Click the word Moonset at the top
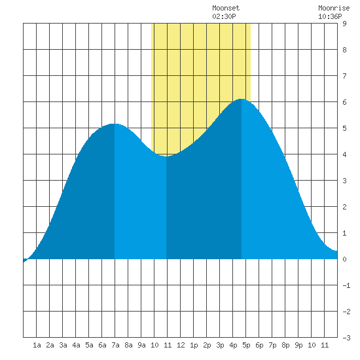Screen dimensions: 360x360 (226, 8)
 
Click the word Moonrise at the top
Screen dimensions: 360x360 (334, 8)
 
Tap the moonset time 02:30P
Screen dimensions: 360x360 (224, 16)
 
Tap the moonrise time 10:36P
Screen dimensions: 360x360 (330, 16)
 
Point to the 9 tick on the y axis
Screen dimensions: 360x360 (344, 24)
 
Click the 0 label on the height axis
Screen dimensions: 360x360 (344, 259)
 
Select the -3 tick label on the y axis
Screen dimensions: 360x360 (346, 338)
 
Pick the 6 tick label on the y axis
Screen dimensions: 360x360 (344, 102)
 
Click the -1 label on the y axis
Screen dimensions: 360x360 (346, 285)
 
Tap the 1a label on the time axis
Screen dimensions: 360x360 (37, 345)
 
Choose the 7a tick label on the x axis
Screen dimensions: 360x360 (115, 345)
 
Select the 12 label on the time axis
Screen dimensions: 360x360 (181, 345)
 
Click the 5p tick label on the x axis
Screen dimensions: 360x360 (246, 345)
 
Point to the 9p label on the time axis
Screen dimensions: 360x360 (298, 345)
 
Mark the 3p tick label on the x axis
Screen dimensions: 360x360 (220, 345)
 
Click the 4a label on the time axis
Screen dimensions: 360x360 (76, 345)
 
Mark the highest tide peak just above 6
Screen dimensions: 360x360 (242, 99)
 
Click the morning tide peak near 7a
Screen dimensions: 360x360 (115, 124)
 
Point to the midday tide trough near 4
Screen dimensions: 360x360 (166, 156)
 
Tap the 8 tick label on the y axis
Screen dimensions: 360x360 (344, 50)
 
